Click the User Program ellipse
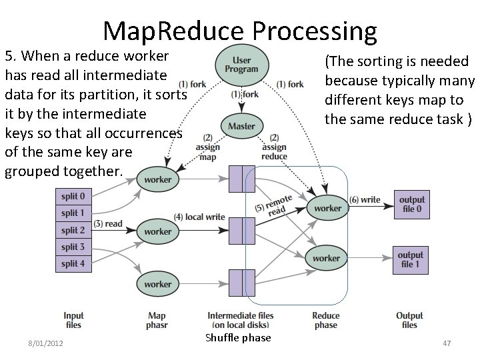[x=241, y=65]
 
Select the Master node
[x=241, y=126]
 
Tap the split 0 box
[x=73, y=197]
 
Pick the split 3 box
[x=73, y=247]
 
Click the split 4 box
[x=73, y=263]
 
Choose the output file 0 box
[x=411, y=204]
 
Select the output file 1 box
[x=411, y=259]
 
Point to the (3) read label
[x=109, y=224]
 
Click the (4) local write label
[x=199, y=217]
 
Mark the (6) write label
[x=365, y=199]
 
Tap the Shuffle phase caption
[x=238, y=338]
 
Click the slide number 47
[x=447, y=343]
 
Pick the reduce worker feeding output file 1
[x=326, y=258]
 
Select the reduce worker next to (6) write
[x=327, y=208]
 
